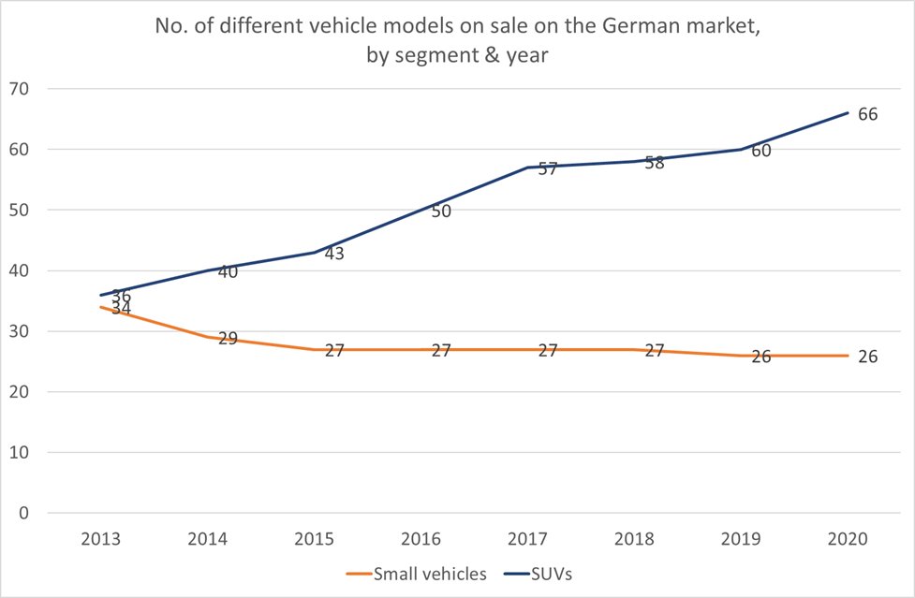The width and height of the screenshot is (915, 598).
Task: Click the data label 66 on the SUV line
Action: coord(867,113)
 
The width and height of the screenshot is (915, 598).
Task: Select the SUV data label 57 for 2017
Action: coord(548,169)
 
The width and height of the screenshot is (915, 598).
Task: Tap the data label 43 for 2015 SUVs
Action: coord(334,254)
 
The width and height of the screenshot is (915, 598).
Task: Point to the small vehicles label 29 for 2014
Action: coord(228,339)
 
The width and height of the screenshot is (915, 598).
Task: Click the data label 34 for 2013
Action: coord(121,308)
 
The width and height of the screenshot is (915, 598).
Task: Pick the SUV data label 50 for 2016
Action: coord(441,211)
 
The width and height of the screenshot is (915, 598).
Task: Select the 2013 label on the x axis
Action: coord(100,540)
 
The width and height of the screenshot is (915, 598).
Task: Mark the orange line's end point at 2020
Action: coord(848,356)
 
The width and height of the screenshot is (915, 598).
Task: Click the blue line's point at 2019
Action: coord(741,149)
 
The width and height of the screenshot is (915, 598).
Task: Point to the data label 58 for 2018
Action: coord(655,163)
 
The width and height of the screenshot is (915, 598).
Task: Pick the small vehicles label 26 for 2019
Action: coord(761,357)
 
